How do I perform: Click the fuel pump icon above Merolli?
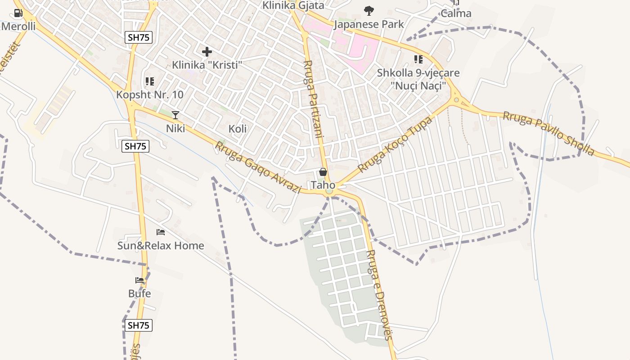click(18, 13)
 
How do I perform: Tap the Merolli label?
click(18, 26)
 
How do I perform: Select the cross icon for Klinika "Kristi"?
click(207, 52)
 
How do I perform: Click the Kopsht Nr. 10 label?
click(150, 94)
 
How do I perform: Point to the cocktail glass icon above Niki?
click(175, 115)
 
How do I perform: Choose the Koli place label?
click(238, 129)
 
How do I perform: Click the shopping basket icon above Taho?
click(323, 172)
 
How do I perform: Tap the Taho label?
click(323, 185)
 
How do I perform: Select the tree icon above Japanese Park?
click(369, 11)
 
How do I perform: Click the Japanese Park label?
click(369, 24)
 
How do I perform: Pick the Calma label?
click(456, 13)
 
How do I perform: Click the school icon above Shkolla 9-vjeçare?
click(418, 59)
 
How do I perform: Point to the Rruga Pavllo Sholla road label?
click(548, 134)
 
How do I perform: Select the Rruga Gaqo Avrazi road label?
click(258, 167)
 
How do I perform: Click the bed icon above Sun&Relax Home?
click(161, 232)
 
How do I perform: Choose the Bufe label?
click(139, 294)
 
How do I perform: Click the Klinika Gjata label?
click(293, 5)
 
